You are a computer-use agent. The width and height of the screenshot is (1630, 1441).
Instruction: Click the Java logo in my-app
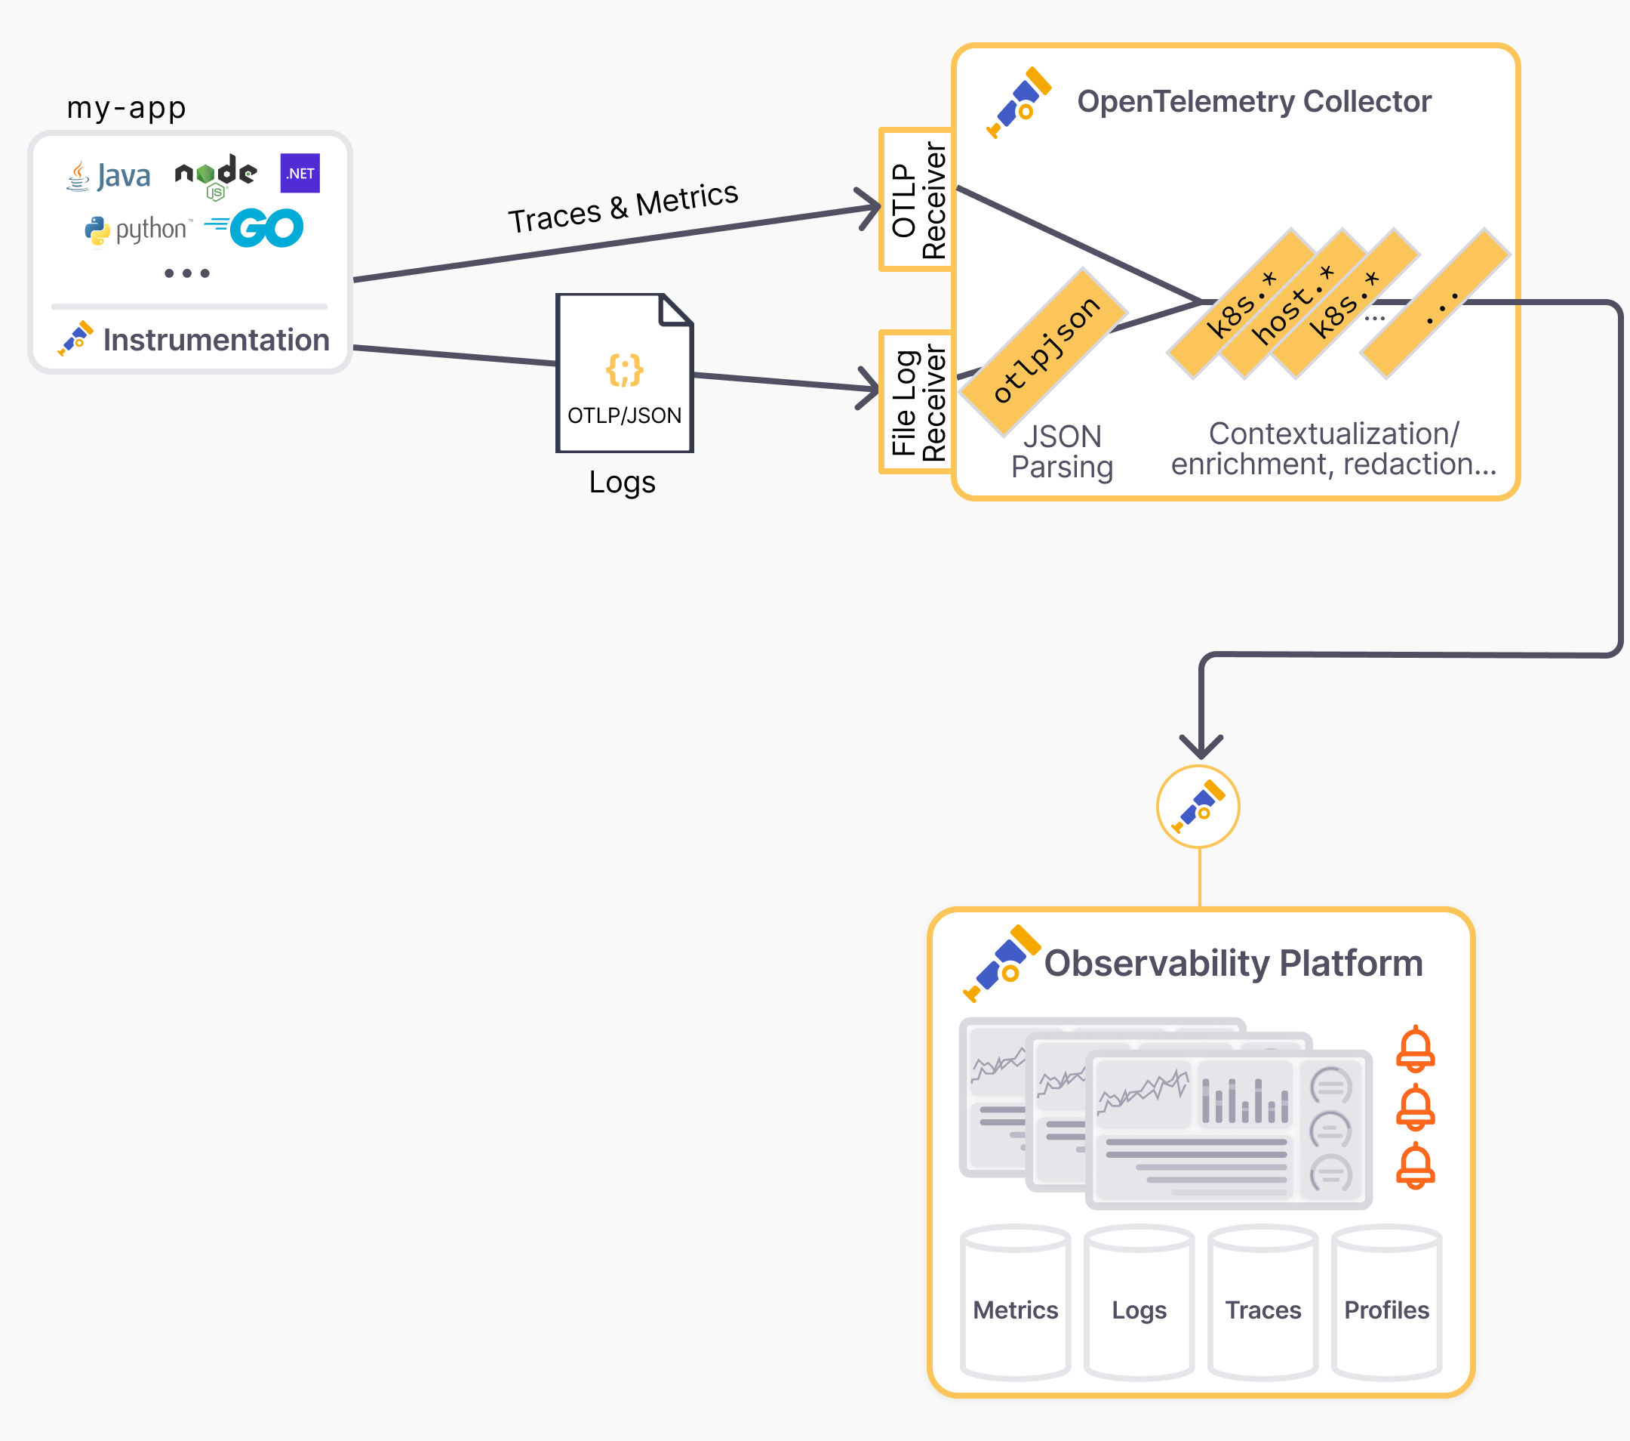[x=109, y=175]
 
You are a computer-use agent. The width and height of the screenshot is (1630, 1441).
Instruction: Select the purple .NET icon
[x=300, y=173]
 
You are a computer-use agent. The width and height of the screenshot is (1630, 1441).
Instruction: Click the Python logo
[x=138, y=230]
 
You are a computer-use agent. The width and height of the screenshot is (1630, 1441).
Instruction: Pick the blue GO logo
[x=255, y=229]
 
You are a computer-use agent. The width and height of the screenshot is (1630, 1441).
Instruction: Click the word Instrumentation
[x=215, y=340]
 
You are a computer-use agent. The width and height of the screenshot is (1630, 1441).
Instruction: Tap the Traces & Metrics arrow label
[x=623, y=207]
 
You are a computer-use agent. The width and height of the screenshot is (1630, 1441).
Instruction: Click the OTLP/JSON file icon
[x=624, y=373]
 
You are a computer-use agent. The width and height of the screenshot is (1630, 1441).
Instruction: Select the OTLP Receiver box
[x=917, y=199]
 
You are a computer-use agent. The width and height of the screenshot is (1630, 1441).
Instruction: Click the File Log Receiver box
[x=917, y=402]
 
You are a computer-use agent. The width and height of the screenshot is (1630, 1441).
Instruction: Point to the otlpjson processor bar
[x=1044, y=351]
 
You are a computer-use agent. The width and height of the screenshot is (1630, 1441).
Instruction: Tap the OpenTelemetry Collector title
[x=1253, y=102]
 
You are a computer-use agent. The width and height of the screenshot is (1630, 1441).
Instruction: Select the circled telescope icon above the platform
[x=1198, y=807]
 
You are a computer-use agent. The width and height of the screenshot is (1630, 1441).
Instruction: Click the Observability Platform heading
[x=1233, y=963]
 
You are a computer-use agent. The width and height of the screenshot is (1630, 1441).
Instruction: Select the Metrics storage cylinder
[x=1015, y=1303]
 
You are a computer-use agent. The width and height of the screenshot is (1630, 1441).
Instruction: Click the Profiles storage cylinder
[x=1386, y=1303]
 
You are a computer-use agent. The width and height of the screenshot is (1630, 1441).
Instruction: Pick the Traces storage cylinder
[x=1262, y=1303]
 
